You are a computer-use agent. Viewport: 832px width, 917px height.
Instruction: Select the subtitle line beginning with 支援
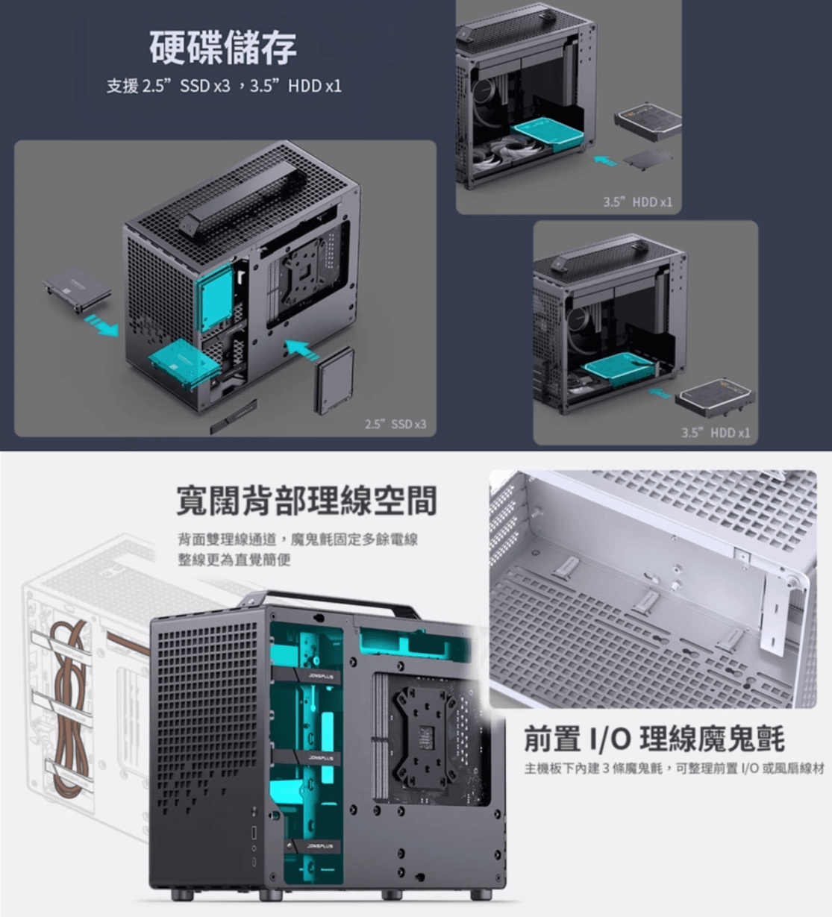click(x=223, y=86)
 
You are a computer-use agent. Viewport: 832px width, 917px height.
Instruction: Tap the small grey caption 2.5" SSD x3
click(x=395, y=424)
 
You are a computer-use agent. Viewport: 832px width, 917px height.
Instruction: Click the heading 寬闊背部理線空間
click(x=306, y=501)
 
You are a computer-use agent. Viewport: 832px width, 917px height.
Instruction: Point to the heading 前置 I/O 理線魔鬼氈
click(x=654, y=739)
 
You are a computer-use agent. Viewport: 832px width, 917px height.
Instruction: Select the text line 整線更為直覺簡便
click(x=234, y=560)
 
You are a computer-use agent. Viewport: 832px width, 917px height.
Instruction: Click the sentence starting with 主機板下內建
click(x=674, y=769)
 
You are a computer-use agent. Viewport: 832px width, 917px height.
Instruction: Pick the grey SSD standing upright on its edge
click(x=334, y=381)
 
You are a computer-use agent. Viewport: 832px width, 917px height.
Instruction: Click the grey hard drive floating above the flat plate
click(x=648, y=120)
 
